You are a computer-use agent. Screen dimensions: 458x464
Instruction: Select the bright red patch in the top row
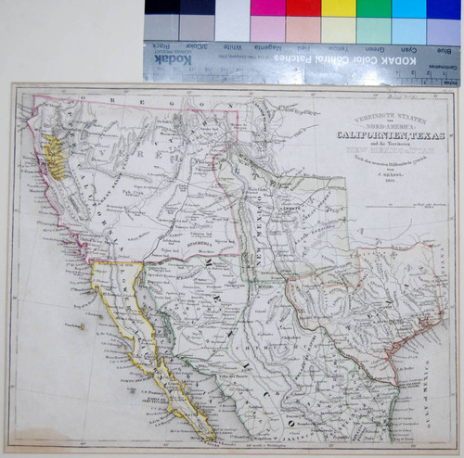coord(303,8)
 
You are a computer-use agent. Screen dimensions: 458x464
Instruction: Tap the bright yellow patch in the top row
coord(338,8)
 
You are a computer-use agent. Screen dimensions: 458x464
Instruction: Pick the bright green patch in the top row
coord(373,8)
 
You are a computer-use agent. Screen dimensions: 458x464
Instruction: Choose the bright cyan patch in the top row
coord(408,8)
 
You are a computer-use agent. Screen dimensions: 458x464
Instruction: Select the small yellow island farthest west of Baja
coord(83,325)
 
